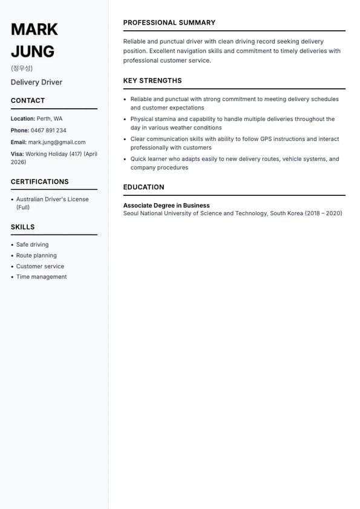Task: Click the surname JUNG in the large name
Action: point(33,51)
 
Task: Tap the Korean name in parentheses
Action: point(22,68)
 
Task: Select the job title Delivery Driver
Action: point(36,82)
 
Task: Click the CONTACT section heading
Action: point(28,100)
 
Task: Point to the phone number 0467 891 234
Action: point(48,131)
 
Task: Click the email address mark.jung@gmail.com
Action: point(57,142)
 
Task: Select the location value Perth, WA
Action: point(50,118)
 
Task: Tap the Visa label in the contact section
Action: point(17,154)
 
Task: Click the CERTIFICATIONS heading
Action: point(39,181)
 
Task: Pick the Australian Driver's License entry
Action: point(52,199)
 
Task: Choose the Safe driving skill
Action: point(32,245)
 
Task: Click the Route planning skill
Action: point(36,256)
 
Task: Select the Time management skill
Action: point(41,277)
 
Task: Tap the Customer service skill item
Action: point(40,266)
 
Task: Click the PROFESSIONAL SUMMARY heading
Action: point(169,22)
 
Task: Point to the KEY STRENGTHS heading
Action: point(152,80)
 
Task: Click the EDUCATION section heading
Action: point(143,187)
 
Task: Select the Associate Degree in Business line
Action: point(166,206)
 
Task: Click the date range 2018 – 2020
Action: point(324,213)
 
